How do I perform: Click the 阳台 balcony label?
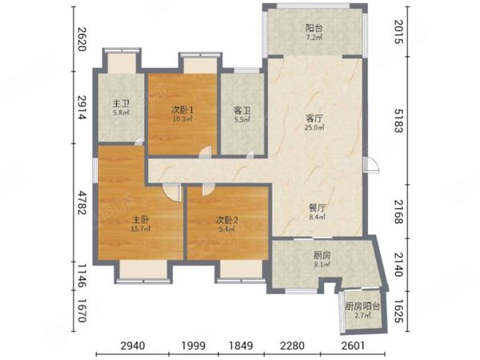click(x=314, y=29)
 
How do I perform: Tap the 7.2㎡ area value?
click(x=314, y=38)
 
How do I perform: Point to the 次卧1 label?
click(x=182, y=110)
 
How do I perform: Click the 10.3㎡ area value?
click(x=182, y=118)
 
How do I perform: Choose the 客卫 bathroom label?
click(x=242, y=110)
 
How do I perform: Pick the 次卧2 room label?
click(x=227, y=220)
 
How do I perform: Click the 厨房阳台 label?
click(x=362, y=306)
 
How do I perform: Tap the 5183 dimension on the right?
click(x=398, y=121)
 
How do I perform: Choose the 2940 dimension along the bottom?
click(x=133, y=346)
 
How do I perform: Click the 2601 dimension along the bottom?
click(x=353, y=346)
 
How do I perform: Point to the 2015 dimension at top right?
click(x=398, y=31)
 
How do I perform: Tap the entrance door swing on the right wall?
click(x=371, y=166)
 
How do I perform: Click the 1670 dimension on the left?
click(x=82, y=310)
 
